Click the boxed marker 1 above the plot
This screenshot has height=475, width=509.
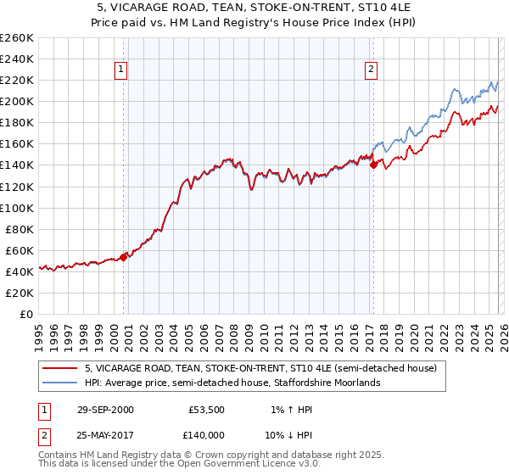click(x=122, y=70)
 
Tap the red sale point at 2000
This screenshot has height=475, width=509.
click(x=124, y=256)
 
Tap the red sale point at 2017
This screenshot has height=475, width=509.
click(x=373, y=165)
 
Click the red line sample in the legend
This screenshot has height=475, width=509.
click(x=59, y=369)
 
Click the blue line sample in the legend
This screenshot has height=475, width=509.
click(x=59, y=383)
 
